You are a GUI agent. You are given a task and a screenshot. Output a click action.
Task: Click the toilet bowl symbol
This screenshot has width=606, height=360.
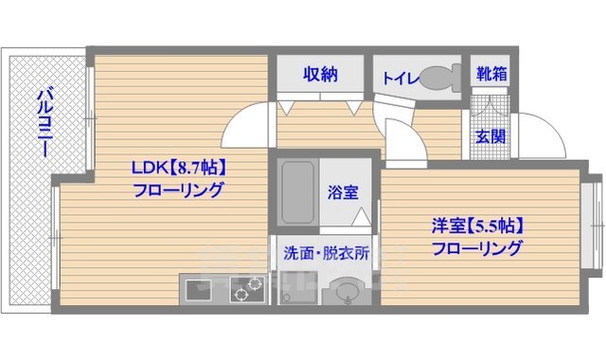tap(437, 76)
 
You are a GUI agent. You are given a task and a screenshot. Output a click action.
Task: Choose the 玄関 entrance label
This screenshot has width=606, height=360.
tap(490, 136)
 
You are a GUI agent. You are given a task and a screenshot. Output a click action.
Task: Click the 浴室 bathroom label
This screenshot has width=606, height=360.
tap(343, 192)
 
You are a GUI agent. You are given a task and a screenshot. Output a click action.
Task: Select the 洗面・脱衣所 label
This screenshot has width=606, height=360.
tap(326, 253)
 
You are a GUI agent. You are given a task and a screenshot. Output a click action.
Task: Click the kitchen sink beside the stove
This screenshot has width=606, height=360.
tap(199, 288)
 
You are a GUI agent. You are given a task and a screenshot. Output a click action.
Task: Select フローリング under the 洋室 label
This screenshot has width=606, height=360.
tap(477, 249)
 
